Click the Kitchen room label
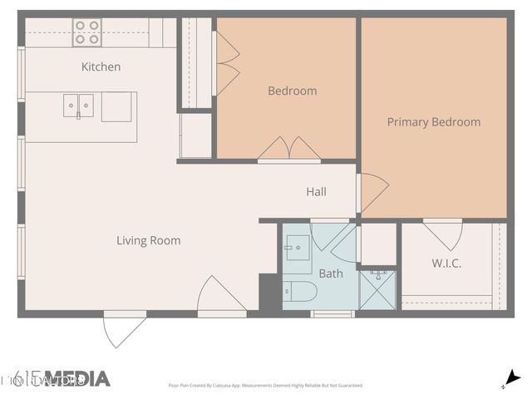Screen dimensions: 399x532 click(101, 66)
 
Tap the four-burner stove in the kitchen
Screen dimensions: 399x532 click(86, 32)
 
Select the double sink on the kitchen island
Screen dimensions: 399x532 click(80, 106)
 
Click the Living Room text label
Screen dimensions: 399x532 click(148, 241)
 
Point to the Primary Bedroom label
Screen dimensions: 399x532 click(433, 122)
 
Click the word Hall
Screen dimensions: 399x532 click(316, 192)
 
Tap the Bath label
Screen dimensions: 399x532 click(331, 273)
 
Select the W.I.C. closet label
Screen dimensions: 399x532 click(446, 264)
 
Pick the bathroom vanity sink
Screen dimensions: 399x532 click(296, 248)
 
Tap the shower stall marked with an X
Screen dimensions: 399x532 click(377, 290)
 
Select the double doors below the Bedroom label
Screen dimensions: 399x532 click(288, 150)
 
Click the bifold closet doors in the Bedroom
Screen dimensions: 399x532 click(227, 62)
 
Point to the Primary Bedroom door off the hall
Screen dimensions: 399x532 click(372, 192)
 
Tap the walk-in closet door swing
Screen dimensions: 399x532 click(443, 234)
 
